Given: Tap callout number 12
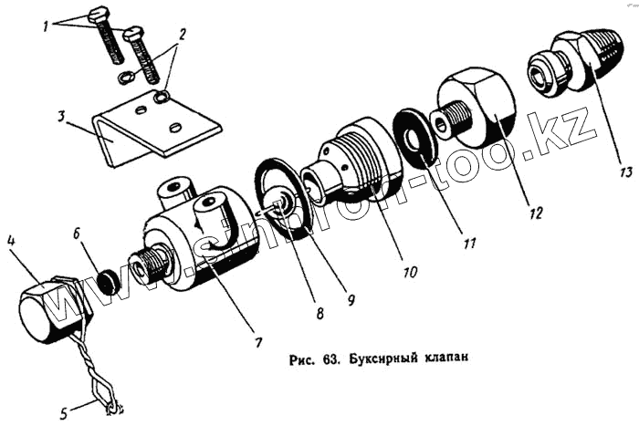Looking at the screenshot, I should click(x=536, y=213).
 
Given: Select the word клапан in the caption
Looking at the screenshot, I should click(x=449, y=356).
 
